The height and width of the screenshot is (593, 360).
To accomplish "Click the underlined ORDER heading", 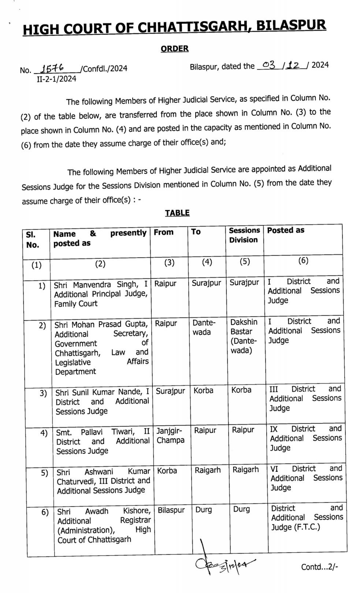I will click(175, 49).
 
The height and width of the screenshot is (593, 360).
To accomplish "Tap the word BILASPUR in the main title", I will click(291, 25).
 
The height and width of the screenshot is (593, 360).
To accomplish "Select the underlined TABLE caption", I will click(177, 213).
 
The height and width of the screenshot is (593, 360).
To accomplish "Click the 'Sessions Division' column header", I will click(244, 235).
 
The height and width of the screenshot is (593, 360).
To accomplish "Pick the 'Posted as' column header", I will click(286, 230).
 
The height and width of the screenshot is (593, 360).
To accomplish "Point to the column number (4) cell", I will click(207, 262).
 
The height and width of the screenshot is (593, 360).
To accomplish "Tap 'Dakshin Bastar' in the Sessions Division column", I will click(244, 327).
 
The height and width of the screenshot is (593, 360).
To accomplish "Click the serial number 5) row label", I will click(44, 473).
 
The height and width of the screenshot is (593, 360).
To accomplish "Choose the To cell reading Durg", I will click(204, 510).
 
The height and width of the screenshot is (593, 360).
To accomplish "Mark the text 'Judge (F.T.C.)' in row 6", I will click(295, 527).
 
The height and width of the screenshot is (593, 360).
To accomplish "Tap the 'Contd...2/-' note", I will click(319, 567).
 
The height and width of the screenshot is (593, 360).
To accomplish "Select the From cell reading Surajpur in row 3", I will click(170, 391).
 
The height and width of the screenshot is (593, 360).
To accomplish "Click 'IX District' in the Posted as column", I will click(293, 429).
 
